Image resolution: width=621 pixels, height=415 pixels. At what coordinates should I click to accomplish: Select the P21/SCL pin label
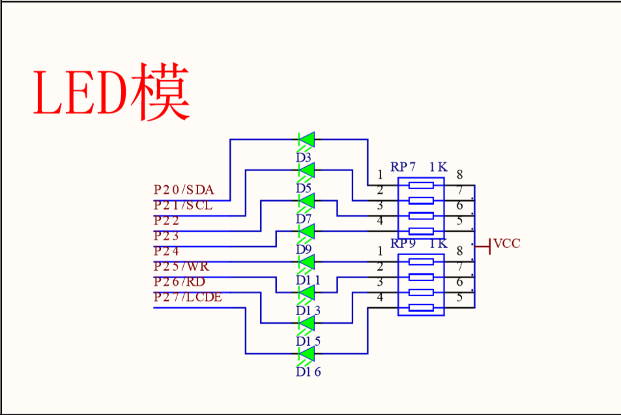183,206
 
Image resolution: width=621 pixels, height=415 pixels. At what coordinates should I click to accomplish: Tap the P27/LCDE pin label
188,298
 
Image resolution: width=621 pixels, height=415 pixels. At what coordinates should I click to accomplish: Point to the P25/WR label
182,267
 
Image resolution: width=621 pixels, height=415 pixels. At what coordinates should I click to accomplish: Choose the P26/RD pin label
179,282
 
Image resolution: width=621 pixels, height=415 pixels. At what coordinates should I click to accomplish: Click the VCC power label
506,244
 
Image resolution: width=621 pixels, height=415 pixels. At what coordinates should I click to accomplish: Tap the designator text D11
308,280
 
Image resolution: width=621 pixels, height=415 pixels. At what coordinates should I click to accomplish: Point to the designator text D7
304,219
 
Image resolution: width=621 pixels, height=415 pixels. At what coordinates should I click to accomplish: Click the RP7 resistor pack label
403,167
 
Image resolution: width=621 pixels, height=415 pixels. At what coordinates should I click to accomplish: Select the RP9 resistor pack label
403,244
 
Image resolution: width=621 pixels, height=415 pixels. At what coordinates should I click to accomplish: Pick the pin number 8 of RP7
459,174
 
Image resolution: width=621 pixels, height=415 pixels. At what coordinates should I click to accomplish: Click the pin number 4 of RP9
380,298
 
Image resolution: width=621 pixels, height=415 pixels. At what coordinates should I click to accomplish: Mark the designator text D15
308,341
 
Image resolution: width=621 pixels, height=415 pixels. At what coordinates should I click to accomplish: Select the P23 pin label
166,236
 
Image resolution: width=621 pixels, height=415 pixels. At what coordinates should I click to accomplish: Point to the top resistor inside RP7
421,185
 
